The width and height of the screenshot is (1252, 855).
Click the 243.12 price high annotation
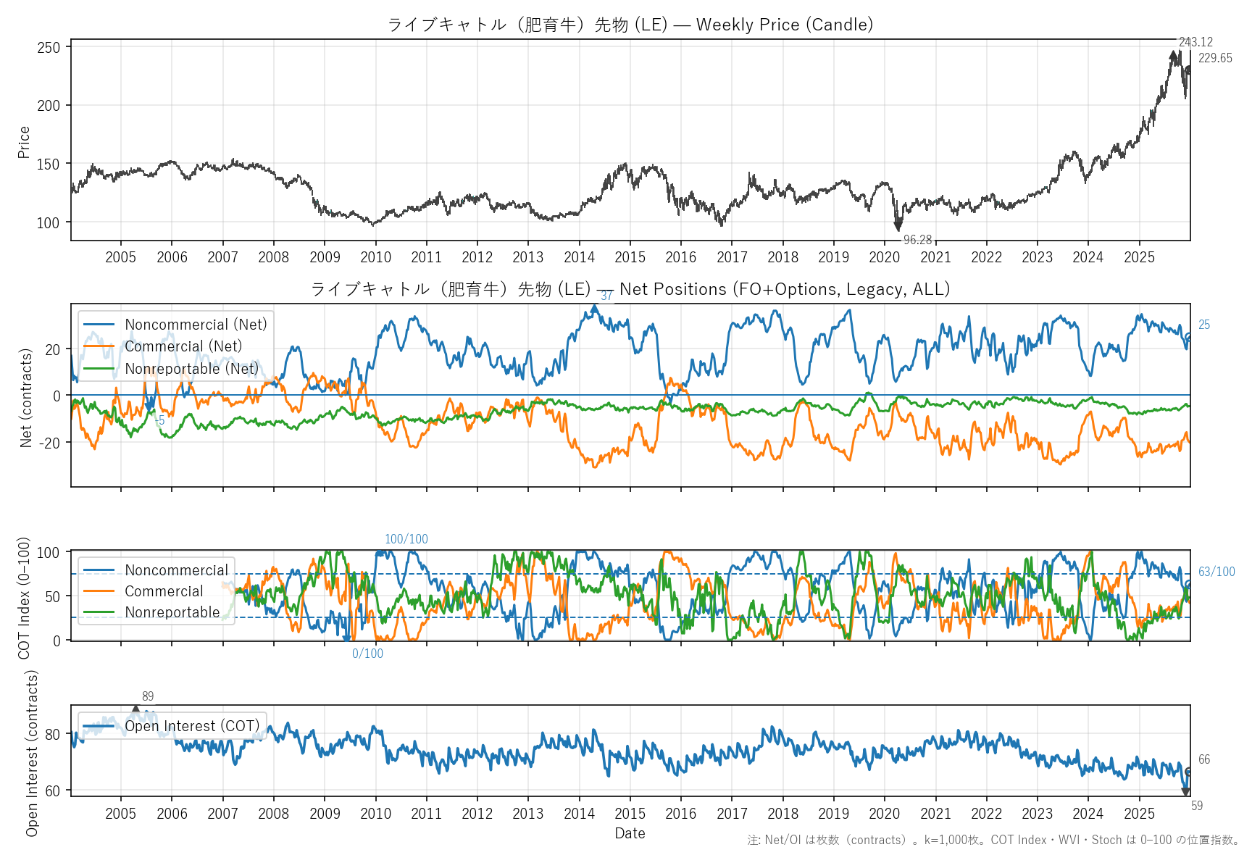click(1195, 42)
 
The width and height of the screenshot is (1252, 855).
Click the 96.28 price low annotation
click(917, 240)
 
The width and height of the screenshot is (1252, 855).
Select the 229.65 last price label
click(1215, 58)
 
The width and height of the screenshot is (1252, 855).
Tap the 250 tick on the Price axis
click(49, 47)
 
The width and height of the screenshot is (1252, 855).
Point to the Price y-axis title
click(24, 142)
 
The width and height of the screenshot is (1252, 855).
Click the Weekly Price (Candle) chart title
click(630, 25)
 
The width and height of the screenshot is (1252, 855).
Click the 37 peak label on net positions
click(606, 296)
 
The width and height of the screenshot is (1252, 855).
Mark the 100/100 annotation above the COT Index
click(406, 539)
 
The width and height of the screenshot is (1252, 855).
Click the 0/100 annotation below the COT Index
click(367, 654)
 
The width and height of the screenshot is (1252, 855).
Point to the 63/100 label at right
click(1216, 572)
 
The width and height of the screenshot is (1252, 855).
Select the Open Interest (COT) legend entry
click(192, 726)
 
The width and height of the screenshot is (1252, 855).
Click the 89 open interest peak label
click(148, 696)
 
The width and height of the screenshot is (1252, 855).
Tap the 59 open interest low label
click(1197, 806)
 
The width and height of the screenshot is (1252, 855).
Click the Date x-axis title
click(630, 833)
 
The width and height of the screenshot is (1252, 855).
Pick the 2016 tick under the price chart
click(680, 257)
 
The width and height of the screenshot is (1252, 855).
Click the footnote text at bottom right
click(993, 840)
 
